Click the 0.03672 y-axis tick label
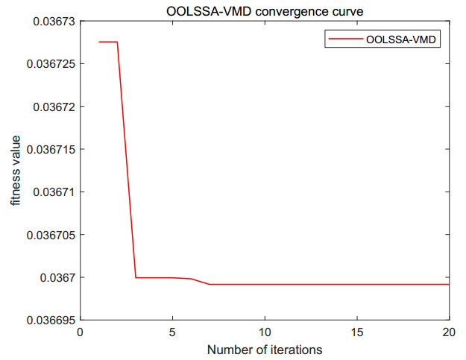54,107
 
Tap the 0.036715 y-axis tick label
51,149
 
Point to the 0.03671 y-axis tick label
54,192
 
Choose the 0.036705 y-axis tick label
51,235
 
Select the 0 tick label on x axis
81,332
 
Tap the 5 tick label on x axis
173,332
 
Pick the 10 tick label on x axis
265,332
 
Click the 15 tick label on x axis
357,332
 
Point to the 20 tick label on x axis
449,332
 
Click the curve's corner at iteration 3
136,277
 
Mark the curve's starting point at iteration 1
99,42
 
